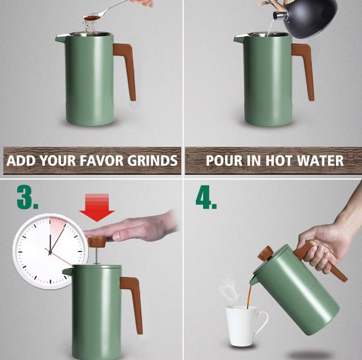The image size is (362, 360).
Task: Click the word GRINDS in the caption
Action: tap(152, 160)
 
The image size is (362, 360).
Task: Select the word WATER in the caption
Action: tap(321, 160)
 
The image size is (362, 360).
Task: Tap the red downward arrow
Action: tap(97, 207)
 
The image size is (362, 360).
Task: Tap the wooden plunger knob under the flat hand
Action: tap(97, 242)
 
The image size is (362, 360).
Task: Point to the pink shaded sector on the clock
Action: tap(57, 228)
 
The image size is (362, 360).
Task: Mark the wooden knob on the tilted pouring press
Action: tap(265, 254)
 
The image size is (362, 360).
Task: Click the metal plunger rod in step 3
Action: tap(97, 256)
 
